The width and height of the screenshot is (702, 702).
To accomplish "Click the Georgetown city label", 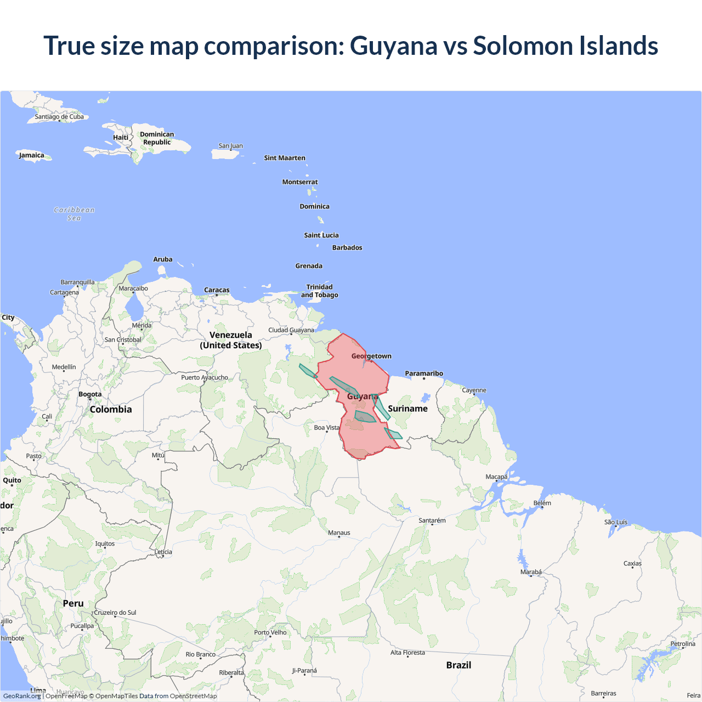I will click(371, 356).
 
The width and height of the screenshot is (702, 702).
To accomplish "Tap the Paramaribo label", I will click(424, 373).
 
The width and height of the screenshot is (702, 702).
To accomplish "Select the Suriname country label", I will click(407, 409).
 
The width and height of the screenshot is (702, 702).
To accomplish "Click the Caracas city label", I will click(217, 290).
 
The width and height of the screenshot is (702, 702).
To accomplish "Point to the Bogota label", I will click(90, 394).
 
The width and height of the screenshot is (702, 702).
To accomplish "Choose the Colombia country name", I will click(111, 410).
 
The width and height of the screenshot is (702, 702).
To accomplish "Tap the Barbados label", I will click(347, 248).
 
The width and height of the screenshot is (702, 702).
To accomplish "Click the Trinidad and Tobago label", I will click(320, 291).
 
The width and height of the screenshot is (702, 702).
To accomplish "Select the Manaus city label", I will click(339, 533).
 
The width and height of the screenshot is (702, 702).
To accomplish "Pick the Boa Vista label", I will click(327, 428).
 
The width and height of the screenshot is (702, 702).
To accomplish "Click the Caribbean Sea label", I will click(74, 214).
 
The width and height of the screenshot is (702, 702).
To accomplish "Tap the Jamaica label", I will click(32, 155).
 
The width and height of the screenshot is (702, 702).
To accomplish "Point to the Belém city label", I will click(542, 503).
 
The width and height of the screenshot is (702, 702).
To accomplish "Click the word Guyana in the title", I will click(393, 46).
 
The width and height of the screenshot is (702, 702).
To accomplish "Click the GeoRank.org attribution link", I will click(22, 696).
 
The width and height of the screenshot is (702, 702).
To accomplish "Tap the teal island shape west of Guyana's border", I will click(307, 371).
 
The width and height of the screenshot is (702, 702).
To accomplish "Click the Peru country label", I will click(73, 603).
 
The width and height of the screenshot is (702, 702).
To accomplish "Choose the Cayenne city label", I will click(474, 390).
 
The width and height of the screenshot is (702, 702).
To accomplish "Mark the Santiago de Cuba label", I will click(59, 117).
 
